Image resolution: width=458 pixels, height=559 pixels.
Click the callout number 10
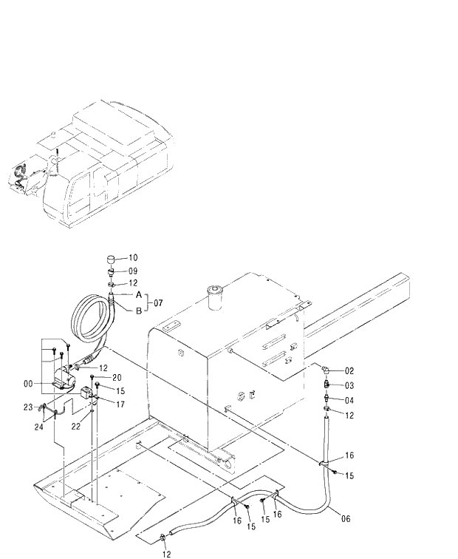tap(133, 258)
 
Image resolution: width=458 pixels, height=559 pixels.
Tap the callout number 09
tap(133, 271)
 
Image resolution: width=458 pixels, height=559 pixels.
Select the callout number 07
tap(158, 303)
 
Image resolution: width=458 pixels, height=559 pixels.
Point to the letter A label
tap(137, 294)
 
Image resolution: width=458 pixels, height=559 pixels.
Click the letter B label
tap(137, 311)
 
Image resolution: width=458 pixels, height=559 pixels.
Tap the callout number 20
tap(117, 377)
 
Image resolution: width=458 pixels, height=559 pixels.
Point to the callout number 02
tap(349, 370)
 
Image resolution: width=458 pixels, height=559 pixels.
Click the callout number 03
tap(349, 384)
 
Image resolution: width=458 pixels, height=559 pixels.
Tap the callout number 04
tap(349, 400)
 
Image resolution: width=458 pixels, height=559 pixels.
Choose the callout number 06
tap(346, 518)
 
